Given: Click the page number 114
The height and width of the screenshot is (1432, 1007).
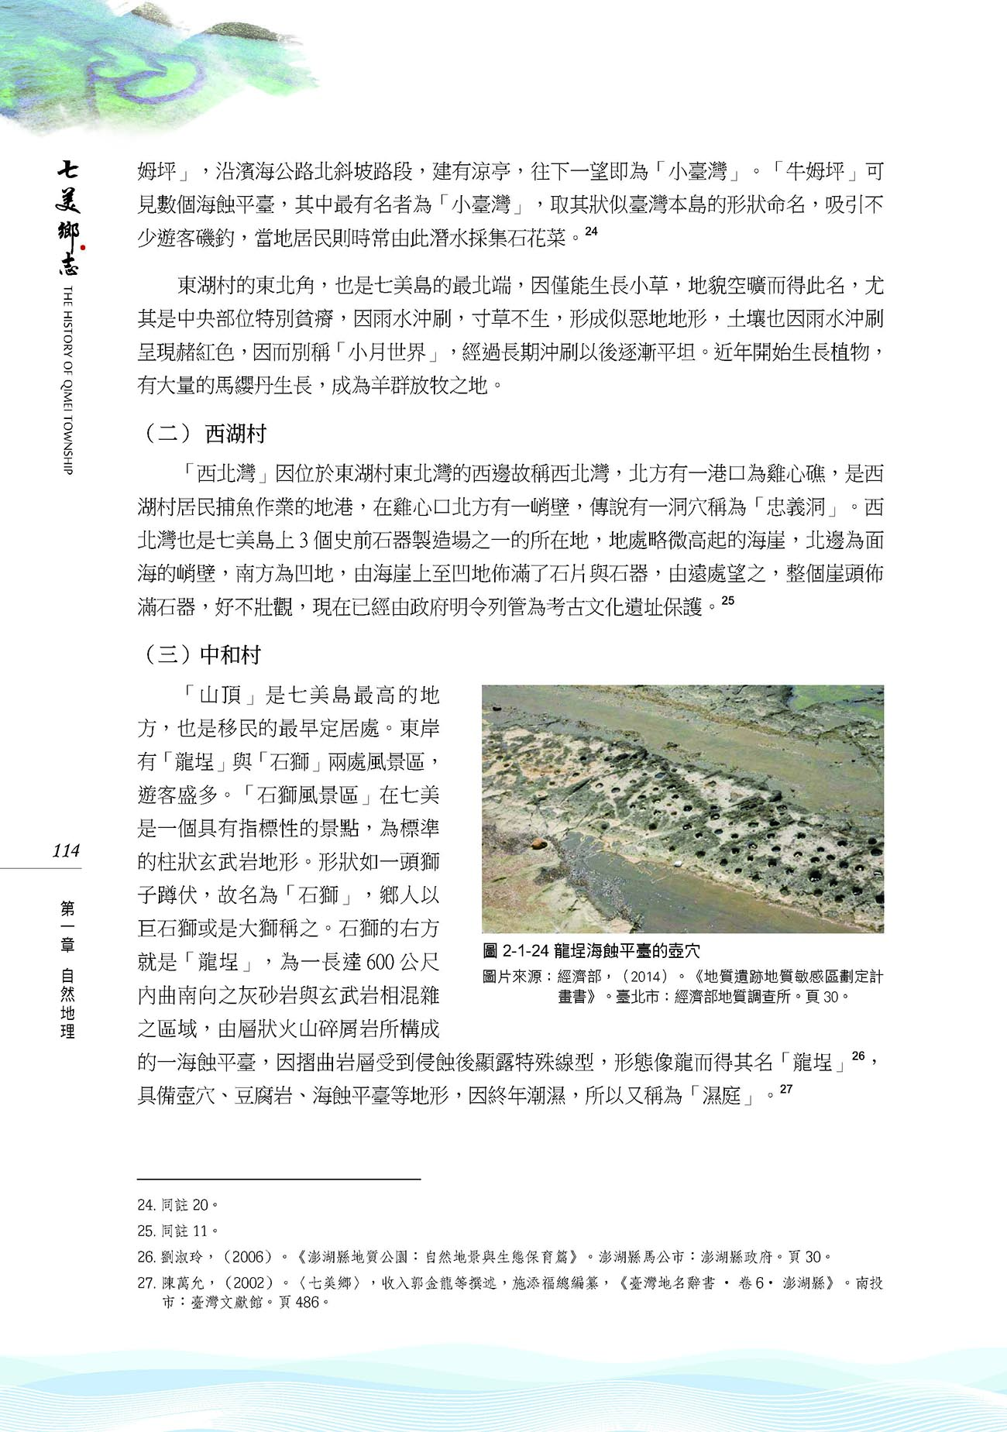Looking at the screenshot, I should pos(66,850).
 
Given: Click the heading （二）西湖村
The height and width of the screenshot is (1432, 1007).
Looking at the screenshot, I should pos(205,434).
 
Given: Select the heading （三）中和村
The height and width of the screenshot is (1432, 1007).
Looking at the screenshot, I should pos(202,655).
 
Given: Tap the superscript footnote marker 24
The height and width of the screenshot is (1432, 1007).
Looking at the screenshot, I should pos(592,231).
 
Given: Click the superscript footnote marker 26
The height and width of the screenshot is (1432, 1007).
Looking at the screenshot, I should pos(858,1055).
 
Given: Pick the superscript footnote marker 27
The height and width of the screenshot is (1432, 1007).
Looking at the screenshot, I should pos(786,1089).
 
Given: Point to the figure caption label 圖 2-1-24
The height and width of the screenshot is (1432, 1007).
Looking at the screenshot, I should pos(516,951).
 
